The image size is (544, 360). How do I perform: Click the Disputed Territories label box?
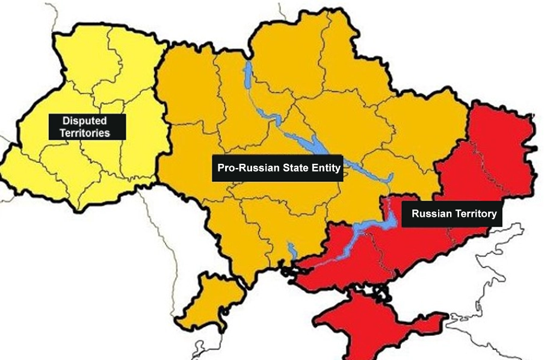(x=88, y=127)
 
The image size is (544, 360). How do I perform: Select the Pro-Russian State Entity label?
(x=277, y=168)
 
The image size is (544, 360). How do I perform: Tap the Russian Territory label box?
(x=453, y=214)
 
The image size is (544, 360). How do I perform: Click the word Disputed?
(x=88, y=121)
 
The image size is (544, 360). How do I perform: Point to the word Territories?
(x=88, y=133)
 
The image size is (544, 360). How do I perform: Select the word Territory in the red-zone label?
(x=475, y=214)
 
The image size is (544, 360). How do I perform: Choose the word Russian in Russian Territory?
(x=431, y=214)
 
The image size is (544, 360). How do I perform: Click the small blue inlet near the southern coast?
(x=292, y=250)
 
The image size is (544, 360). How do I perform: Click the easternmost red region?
(x=505, y=144)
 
